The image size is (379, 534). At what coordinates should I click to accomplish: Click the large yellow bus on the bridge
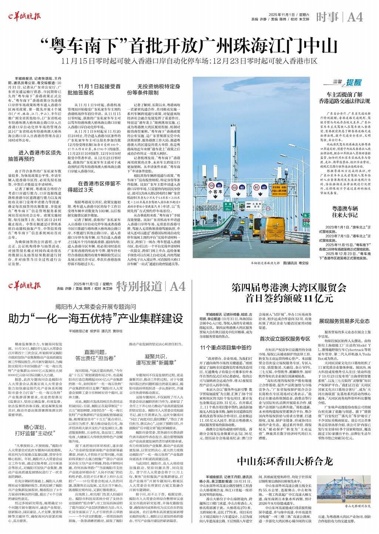point(275,231)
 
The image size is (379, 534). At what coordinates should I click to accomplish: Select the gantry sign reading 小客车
point(215,188)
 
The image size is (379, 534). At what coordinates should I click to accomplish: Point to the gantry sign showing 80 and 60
point(237,188)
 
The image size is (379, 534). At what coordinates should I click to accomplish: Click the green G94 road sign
point(306,223)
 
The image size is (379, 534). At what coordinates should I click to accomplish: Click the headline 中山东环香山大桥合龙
point(285,461)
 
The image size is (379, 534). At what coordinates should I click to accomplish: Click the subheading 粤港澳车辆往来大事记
point(345,211)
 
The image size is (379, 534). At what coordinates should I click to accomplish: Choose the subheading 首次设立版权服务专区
point(285,339)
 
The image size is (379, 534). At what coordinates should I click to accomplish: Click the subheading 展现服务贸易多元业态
point(344,321)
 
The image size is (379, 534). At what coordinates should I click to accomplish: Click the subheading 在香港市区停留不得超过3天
point(94,187)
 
